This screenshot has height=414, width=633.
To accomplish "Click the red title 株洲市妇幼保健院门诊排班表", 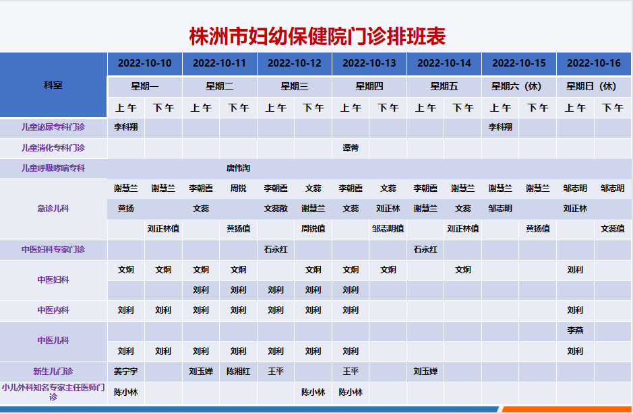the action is click(318, 36).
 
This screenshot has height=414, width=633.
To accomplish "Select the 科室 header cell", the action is click(53, 85).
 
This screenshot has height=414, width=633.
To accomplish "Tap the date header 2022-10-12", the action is click(295, 63).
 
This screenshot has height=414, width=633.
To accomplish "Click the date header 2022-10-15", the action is click(519, 63).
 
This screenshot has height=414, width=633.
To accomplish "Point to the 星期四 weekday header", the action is click(369, 86).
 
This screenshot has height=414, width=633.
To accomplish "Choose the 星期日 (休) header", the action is click(593, 86).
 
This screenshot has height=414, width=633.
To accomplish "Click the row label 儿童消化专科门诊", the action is click(53, 148).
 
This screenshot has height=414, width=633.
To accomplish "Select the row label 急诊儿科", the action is click(53, 209).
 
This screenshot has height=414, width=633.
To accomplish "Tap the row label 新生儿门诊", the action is click(53, 372).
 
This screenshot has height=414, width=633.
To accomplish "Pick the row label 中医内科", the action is click(53, 310).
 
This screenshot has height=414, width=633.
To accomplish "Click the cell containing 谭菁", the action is click(351, 148).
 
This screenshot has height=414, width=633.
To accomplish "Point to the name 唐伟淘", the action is click(238, 168).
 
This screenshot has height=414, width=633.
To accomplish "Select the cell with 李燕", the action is click(575, 330).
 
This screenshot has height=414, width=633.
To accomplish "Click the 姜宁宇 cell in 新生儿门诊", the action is click(126, 372).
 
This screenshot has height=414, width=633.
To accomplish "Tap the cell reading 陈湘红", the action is click(238, 372).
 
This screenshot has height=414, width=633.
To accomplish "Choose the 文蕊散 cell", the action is click(276, 209).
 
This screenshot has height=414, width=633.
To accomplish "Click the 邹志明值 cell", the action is click(388, 229).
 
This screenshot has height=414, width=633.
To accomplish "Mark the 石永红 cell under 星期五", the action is click(425, 250).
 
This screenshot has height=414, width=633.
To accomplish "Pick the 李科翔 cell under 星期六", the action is click(500, 127).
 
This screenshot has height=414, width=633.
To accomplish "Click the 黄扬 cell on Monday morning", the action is click(126, 209).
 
